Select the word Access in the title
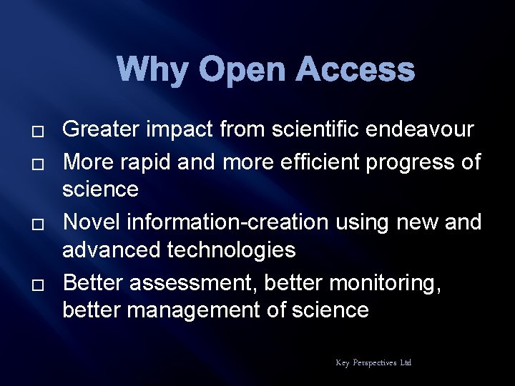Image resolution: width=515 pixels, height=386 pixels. tap(355, 71)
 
